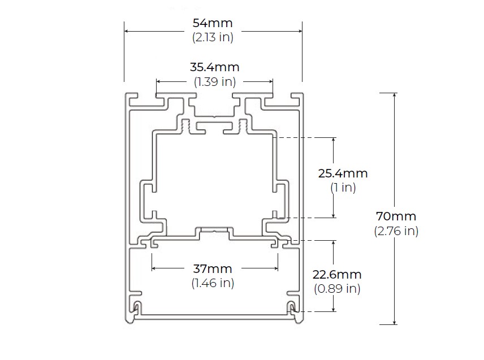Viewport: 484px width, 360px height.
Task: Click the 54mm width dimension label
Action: click(213, 23)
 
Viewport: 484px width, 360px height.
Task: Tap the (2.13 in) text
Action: click(213, 37)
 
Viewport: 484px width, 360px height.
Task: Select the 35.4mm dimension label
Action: click(214, 67)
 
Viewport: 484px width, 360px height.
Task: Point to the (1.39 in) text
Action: click(215, 81)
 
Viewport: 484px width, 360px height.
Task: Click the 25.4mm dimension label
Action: click(343, 173)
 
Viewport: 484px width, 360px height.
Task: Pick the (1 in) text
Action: click(343, 187)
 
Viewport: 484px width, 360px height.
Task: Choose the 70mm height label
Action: click(396, 216)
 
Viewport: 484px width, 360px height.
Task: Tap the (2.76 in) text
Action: click(396, 231)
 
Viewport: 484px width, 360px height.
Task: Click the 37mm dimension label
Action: click(213, 268)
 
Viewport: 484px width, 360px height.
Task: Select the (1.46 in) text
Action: click(213, 283)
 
